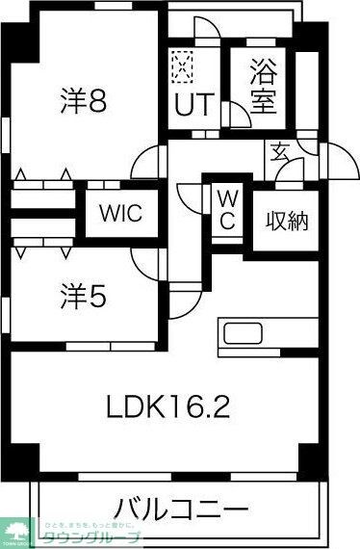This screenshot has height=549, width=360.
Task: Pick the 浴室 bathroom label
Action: pos(260,87)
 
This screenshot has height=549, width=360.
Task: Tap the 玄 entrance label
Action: pos(278,151)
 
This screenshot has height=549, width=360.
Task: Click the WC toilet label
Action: pos(225,209)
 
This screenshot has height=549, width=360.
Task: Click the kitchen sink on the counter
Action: pos(240,336)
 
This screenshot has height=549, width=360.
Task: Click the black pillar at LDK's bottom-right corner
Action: pos(308,457)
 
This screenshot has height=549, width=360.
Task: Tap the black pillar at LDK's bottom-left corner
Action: pos(26,457)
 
